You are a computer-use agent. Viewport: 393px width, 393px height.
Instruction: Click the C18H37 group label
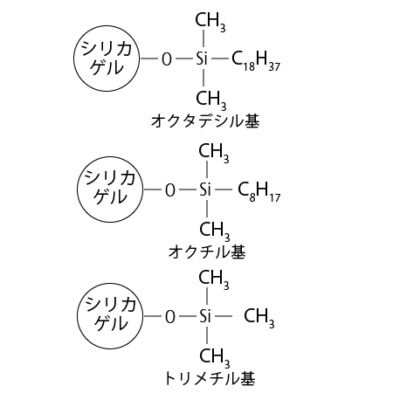pyautogui.click(x=256, y=60)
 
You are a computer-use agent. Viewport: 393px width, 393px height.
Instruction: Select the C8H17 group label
pyautogui.click(x=259, y=191)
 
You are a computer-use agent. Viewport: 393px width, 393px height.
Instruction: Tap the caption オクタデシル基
pyautogui.click(x=205, y=121)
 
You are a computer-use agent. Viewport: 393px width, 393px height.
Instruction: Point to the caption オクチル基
pyautogui.click(x=207, y=252)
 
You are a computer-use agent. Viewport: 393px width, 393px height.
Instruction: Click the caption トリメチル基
pyautogui.click(x=210, y=378)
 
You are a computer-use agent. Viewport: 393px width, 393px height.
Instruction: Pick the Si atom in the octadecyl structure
pyautogui.click(x=202, y=59)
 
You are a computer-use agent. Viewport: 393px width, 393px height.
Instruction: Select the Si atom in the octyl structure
pyautogui.click(x=205, y=190)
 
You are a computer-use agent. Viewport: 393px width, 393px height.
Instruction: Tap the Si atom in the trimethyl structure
pyautogui.click(x=205, y=316)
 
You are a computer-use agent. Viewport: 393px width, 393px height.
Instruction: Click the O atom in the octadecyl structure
pyautogui.click(x=167, y=59)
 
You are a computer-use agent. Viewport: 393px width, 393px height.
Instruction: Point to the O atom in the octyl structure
pyautogui.click(x=170, y=190)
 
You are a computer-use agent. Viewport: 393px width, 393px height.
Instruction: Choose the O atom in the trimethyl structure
pyautogui.click(x=170, y=316)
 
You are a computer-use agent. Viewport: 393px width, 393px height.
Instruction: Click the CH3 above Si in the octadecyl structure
pyautogui.click(x=210, y=22)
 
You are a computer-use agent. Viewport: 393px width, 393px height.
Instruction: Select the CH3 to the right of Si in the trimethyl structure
pyautogui.click(x=259, y=318)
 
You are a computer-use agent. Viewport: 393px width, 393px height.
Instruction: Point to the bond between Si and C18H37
pyautogui.click(x=220, y=59)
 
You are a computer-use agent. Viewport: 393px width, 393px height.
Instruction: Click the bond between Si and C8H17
pyautogui.click(x=224, y=190)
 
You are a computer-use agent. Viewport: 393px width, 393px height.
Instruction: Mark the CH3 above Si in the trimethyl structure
pyautogui.click(x=214, y=279)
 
